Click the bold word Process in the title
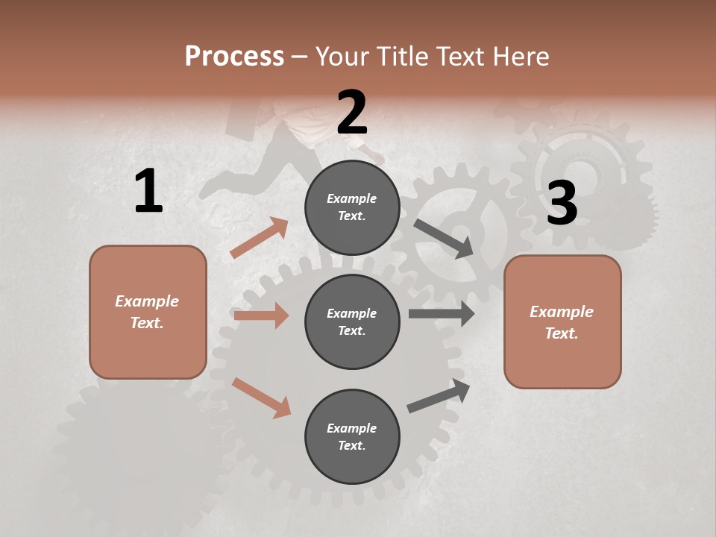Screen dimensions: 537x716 (234, 57)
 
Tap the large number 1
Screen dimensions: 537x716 (148, 192)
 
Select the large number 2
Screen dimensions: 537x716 (352, 113)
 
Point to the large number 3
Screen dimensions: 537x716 (562, 203)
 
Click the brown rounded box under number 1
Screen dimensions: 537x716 (148, 312)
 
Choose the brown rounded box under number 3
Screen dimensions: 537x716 (562, 321)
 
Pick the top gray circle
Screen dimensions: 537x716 (352, 207)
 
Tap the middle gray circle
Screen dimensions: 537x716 (352, 321)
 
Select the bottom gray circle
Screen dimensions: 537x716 (352, 436)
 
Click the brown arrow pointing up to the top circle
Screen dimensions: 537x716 (259, 238)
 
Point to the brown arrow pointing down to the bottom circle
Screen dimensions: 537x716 (261, 398)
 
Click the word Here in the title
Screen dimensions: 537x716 (522, 57)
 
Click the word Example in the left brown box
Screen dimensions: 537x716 (147, 301)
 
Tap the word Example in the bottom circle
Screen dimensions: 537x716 (351, 428)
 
